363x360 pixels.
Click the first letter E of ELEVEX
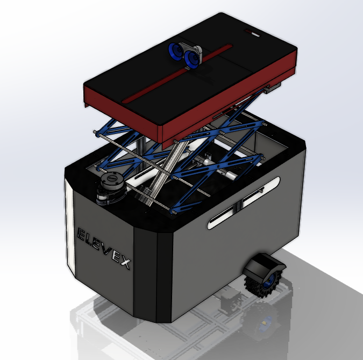(81, 235)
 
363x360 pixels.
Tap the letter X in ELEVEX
(125, 263)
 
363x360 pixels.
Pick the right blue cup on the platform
(191, 60)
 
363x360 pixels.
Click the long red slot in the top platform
(177, 73)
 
